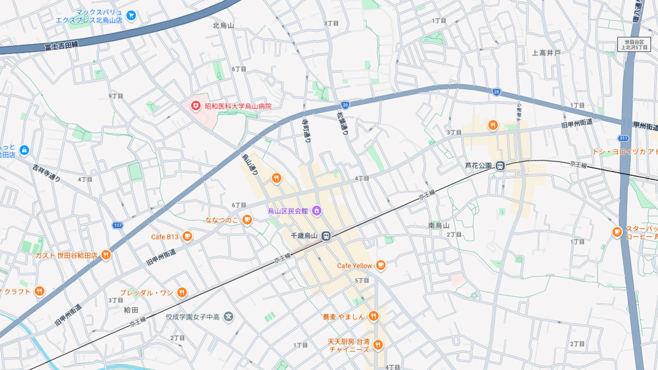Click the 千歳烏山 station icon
326,236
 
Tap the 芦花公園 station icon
500,166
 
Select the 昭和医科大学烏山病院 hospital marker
195,105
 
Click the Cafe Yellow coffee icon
381,266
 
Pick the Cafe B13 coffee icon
188,237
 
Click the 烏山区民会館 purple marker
316,210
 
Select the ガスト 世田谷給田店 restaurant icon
106,255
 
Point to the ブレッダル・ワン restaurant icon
182,293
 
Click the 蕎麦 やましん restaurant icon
373,316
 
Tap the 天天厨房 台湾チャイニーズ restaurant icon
378,345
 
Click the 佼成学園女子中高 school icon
229,316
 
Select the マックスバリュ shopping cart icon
131,15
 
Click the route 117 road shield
117,225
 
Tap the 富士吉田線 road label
61,45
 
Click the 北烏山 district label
223,25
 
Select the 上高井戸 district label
546,53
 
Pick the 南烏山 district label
439,225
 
